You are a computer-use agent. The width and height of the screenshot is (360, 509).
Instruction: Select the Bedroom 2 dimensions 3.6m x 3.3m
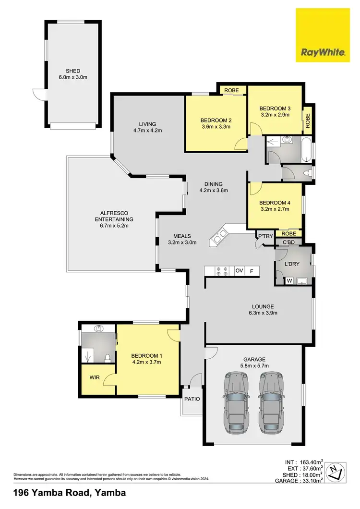click(216, 127)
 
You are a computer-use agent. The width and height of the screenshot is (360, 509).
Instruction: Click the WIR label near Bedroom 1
click(94, 378)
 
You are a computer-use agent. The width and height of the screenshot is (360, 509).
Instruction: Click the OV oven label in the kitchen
click(239, 271)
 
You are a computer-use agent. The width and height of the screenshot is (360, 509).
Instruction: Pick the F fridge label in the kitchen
click(252, 271)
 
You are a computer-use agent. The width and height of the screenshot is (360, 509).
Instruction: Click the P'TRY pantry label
click(265, 236)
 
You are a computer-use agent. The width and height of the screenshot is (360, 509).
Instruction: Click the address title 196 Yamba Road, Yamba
click(70, 493)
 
